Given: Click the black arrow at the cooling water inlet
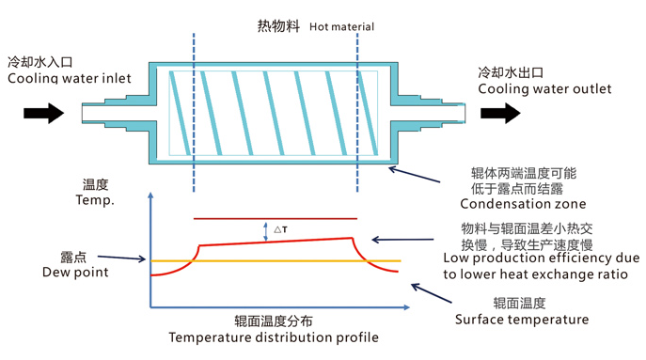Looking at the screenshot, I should click(43, 114).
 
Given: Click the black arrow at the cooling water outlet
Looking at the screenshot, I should click(499, 114).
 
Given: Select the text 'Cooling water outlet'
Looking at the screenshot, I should click(544, 89).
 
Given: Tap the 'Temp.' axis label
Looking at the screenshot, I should click(99, 200).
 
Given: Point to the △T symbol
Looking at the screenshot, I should click(280, 228).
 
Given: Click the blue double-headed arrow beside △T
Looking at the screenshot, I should click(266, 230).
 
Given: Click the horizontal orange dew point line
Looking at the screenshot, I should click(282, 260).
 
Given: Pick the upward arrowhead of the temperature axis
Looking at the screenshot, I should click(150, 197).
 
